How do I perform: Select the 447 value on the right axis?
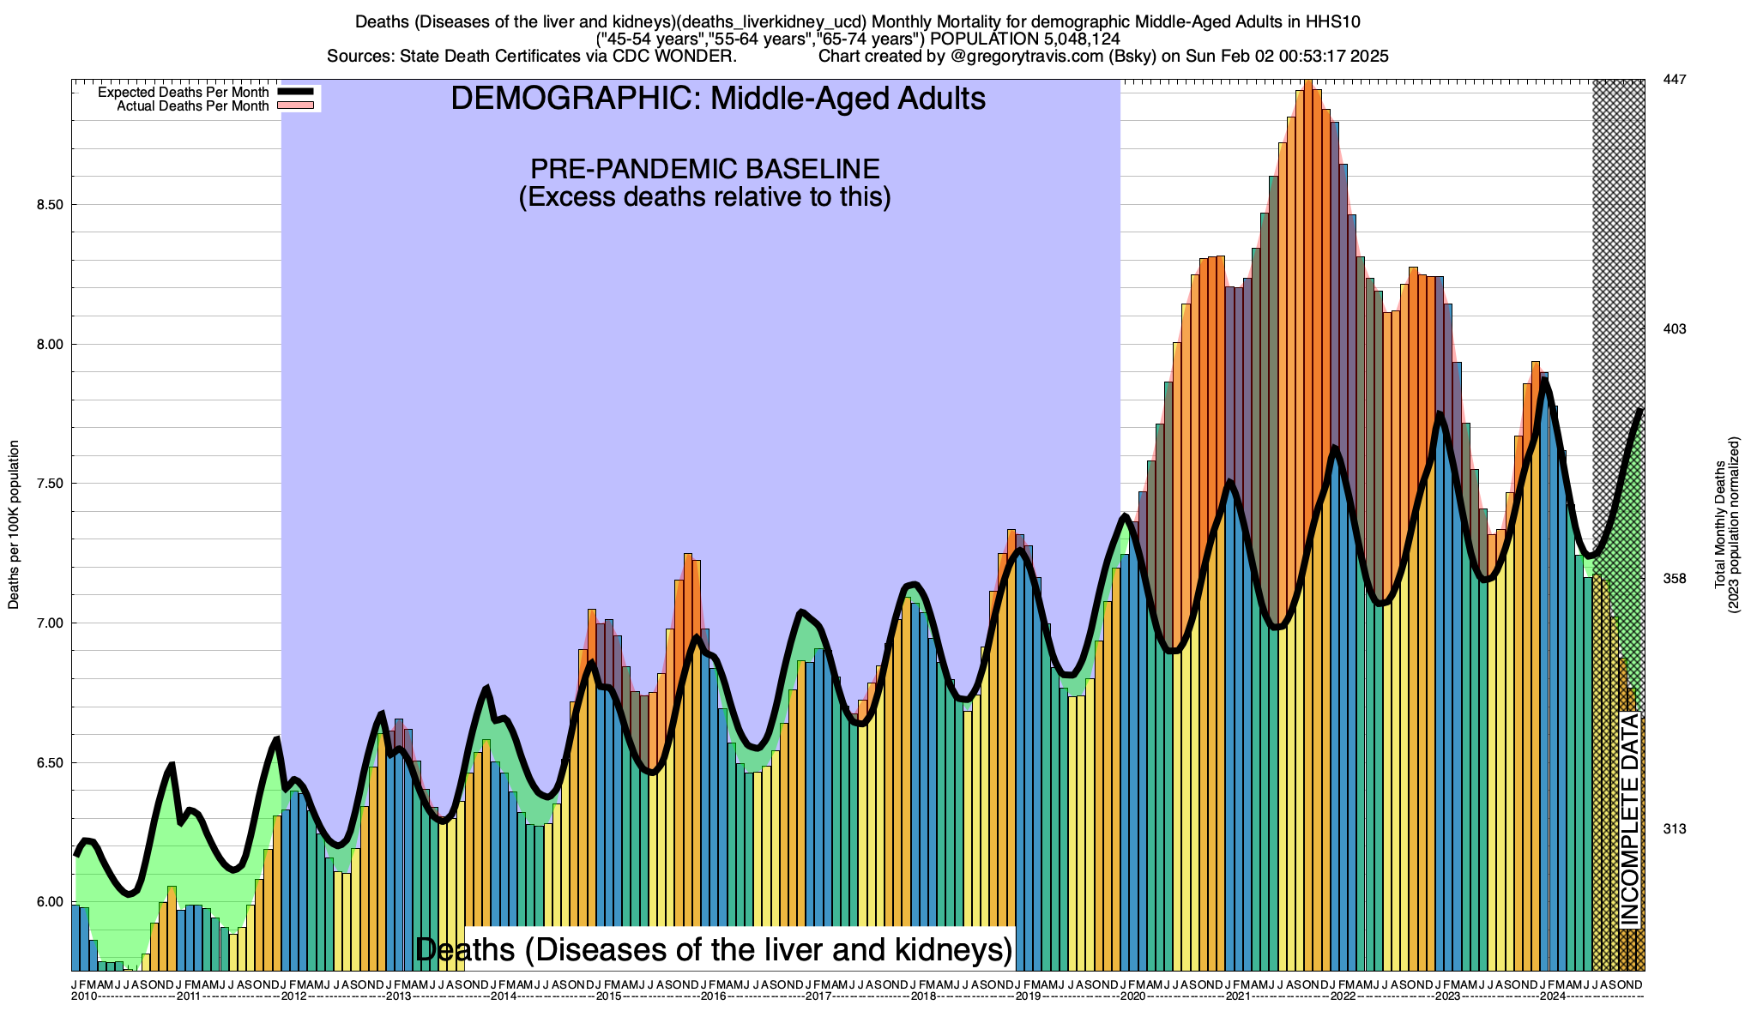point(1674,80)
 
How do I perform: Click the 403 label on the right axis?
point(1674,329)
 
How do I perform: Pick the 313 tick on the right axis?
point(1674,829)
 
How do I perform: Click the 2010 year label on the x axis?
point(83,996)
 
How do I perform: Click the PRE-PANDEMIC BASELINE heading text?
point(704,168)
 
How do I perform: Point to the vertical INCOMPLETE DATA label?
point(1629,819)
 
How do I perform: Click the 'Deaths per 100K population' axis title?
point(14,525)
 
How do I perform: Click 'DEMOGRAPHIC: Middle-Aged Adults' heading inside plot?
point(718,99)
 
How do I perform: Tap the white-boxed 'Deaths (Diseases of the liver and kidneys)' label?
point(714,950)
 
